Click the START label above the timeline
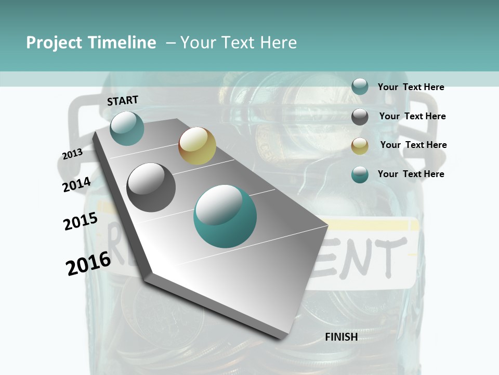123,101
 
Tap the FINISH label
341,337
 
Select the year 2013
72,154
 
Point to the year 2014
77,184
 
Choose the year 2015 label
80,221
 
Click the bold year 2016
88,263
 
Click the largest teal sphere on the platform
225,217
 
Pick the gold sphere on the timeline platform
197,145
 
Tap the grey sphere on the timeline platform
151,187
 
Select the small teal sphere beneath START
127,128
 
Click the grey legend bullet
360,117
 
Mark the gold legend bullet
360,146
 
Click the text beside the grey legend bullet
412,116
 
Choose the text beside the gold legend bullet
413,145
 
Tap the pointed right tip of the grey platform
326,226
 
